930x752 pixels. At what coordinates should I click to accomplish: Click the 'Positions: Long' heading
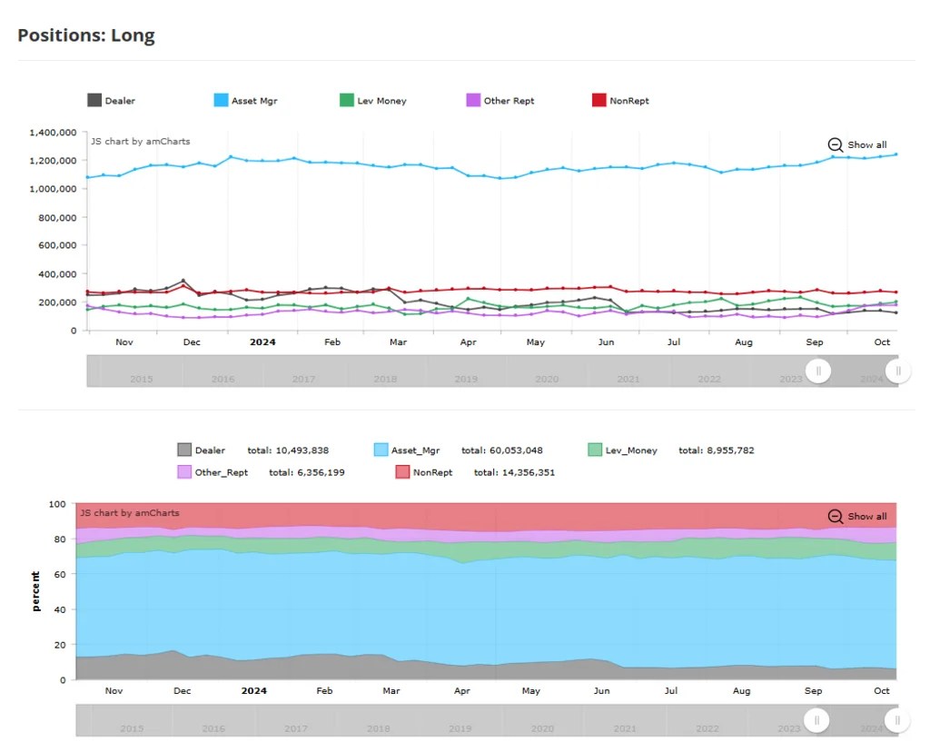(x=86, y=36)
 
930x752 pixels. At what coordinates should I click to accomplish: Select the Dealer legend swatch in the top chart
(x=94, y=101)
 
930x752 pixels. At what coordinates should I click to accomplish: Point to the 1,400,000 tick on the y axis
(x=53, y=133)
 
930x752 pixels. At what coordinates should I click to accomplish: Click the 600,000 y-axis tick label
(x=56, y=245)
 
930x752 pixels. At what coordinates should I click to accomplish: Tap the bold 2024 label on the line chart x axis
(x=262, y=342)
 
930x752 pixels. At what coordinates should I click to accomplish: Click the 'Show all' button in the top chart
(x=857, y=144)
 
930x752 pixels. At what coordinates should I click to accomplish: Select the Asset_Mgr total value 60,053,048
(x=502, y=450)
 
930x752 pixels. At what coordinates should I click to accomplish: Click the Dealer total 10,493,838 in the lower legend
(x=288, y=450)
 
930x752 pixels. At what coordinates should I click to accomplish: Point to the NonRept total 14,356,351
(x=514, y=472)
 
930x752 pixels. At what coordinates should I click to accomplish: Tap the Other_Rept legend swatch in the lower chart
(x=184, y=472)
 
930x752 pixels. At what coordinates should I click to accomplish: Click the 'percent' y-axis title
(x=36, y=590)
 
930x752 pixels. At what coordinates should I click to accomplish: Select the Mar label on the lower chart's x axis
(x=391, y=691)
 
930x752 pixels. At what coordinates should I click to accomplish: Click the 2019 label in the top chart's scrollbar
(x=466, y=379)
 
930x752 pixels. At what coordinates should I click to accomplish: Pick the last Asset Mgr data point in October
(x=895, y=154)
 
